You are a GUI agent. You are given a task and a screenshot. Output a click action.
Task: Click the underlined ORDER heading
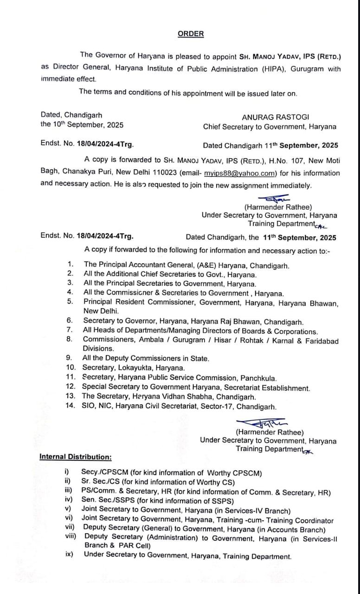pos(191,34)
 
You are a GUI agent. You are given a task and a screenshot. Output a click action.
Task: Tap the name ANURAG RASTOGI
pos(275,117)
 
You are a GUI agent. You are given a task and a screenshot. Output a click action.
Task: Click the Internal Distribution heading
pos(76,457)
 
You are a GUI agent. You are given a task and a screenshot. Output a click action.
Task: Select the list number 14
pos(71,407)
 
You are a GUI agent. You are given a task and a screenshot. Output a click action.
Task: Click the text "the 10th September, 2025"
pos(82,124)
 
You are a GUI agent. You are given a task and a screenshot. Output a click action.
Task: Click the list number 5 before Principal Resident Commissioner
pos(71,302)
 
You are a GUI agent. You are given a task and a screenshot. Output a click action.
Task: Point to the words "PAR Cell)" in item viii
pos(133,545)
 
